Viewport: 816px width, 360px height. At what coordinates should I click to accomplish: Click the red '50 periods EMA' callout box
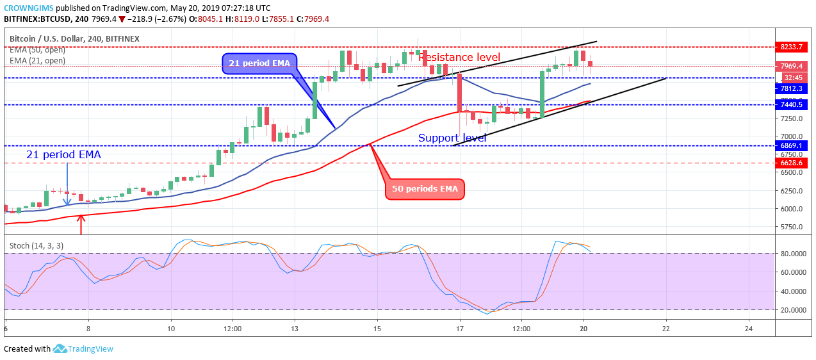[425, 189]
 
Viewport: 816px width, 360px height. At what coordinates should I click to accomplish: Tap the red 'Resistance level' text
[459, 57]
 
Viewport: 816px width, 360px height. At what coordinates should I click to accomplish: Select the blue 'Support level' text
[452, 138]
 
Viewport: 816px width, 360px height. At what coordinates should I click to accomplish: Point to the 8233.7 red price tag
[792, 47]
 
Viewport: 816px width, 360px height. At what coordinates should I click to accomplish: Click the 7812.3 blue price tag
[792, 88]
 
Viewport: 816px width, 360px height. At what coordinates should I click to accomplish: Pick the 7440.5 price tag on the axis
[792, 104]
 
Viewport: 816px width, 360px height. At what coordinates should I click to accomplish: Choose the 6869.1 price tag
[792, 145]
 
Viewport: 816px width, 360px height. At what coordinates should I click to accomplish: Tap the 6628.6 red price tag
[792, 163]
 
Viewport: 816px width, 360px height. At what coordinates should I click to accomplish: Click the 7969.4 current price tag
[792, 66]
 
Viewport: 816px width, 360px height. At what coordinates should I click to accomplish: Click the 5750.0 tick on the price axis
[792, 227]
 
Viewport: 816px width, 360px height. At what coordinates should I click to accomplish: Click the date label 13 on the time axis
[294, 329]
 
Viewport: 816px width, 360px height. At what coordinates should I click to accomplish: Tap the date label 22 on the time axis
[666, 329]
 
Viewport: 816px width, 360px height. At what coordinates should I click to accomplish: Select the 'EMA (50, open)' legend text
[37, 50]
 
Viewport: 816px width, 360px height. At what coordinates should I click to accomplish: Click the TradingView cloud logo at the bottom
[60, 348]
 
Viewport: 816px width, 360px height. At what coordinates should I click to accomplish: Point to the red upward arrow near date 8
[81, 224]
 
